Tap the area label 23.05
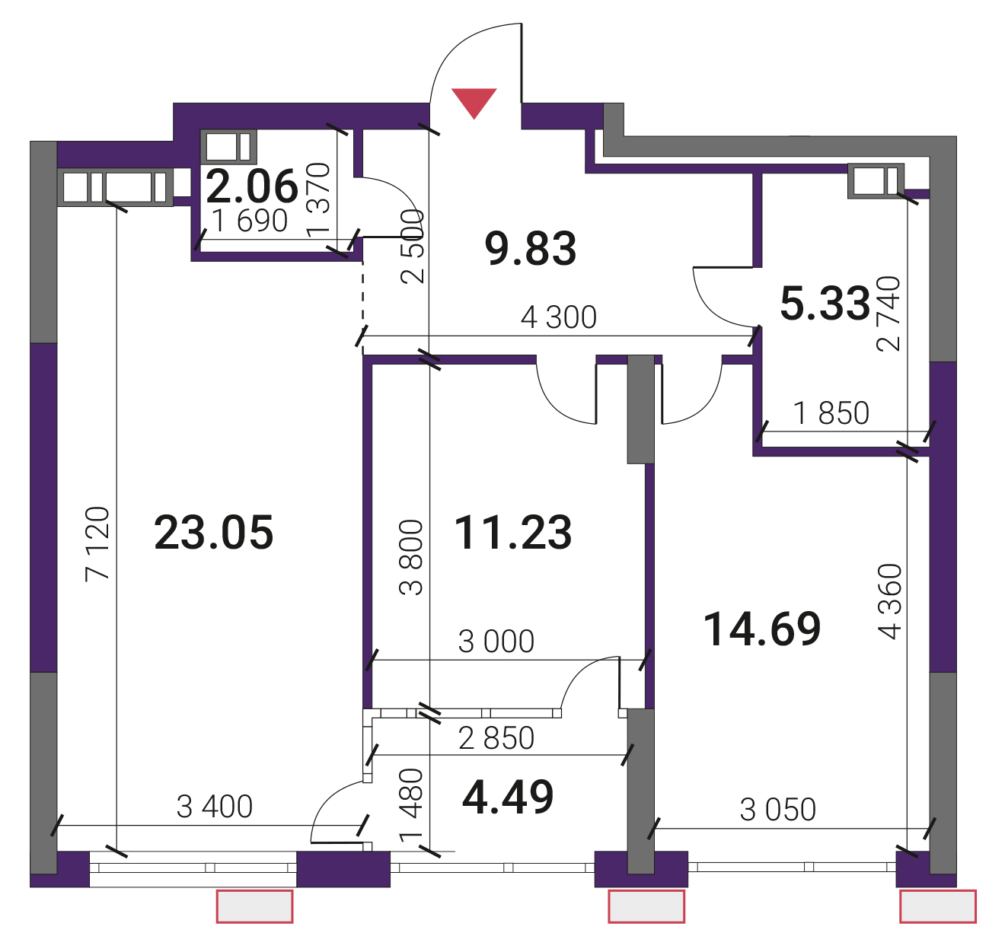pos(214,533)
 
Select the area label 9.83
pos(531,248)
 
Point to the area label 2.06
pos(252,186)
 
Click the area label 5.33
pos(825,303)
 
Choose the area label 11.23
pos(512,533)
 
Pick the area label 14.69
pos(762,629)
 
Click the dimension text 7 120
pos(97,543)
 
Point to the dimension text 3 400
pos(215,807)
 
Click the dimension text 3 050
pos(778,810)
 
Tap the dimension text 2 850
pos(496,738)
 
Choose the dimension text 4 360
pos(889,601)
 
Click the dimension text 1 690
pos(250,221)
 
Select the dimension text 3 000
pos(496,642)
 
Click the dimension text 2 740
pos(888,314)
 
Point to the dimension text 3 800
pos(411,558)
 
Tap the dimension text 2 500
pos(413,247)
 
